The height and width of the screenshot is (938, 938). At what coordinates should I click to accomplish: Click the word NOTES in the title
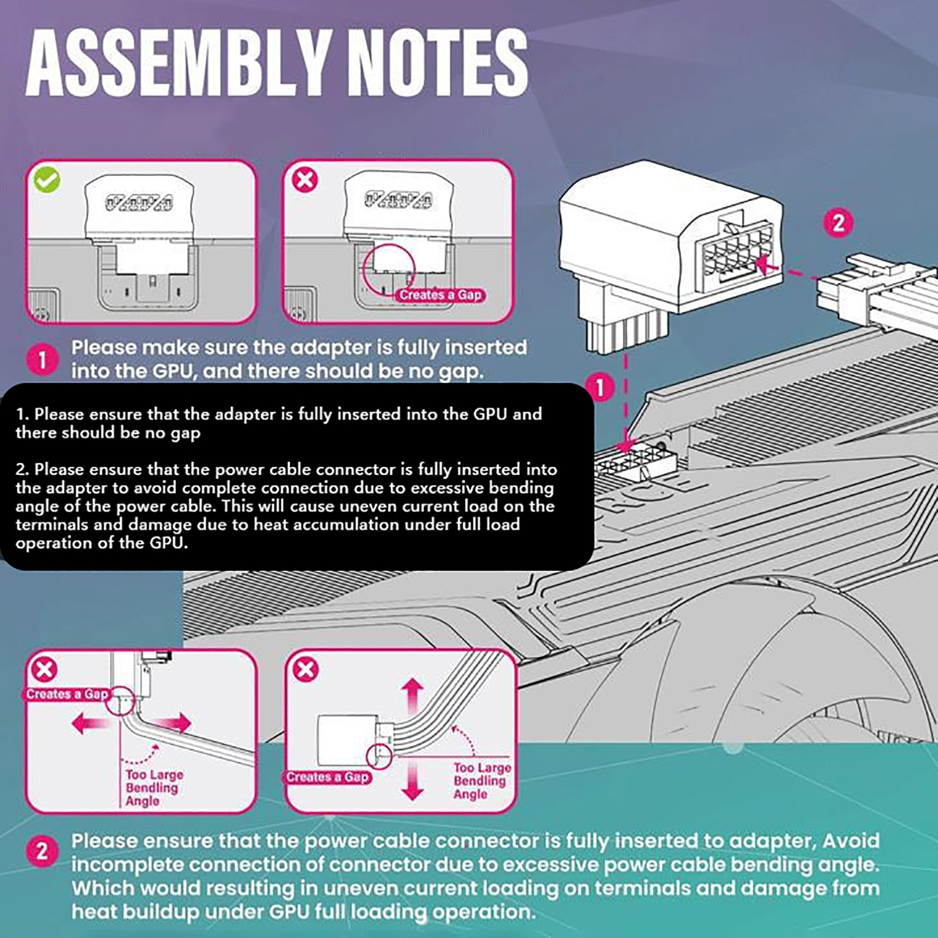click(x=440, y=63)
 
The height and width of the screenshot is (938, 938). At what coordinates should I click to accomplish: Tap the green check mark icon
click(x=47, y=180)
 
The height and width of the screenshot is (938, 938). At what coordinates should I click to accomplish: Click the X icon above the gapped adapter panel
click(x=305, y=179)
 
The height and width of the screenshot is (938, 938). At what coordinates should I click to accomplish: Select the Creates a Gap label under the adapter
click(x=440, y=295)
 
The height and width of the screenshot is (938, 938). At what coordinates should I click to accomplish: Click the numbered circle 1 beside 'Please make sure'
click(x=42, y=359)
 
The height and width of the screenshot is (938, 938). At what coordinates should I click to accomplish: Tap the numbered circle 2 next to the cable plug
click(x=838, y=223)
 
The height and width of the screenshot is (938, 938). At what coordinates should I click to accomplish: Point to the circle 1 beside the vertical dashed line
click(x=599, y=388)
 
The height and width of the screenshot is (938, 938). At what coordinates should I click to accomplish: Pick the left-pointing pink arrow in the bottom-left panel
click(x=91, y=723)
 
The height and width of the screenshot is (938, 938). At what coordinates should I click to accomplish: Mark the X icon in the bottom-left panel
click(x=44, y=669)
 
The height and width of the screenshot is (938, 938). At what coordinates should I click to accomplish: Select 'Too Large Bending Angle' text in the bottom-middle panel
click(x=481, y=780)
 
